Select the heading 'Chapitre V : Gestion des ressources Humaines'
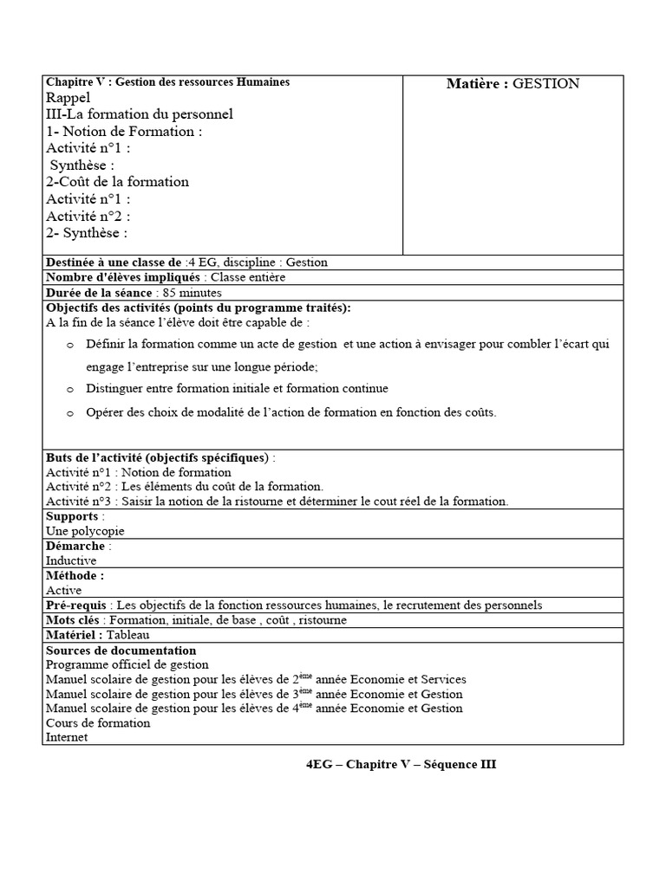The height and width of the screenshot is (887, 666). pos(167,81)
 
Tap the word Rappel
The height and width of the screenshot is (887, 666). pos(68,98)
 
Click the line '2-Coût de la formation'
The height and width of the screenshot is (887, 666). pos(117,182)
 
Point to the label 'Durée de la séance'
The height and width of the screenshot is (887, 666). pos(97,293)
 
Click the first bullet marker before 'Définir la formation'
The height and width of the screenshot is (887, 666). pos(70,346)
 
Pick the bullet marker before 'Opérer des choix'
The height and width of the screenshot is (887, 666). pos(70,414)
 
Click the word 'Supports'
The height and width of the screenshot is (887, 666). pos(73,516)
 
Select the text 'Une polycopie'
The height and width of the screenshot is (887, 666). pos(85,531)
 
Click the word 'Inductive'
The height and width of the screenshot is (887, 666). pos(71,560)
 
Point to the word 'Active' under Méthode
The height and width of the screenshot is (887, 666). pos(63,590)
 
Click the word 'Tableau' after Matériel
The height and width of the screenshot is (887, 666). pos(129,635)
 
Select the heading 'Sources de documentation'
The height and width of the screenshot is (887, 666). pos(121,651)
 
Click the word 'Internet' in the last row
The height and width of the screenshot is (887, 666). pos(67,737)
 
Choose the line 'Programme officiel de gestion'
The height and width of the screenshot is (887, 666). pos(127,664)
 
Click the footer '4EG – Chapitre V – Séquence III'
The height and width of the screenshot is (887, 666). pos(401,764)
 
